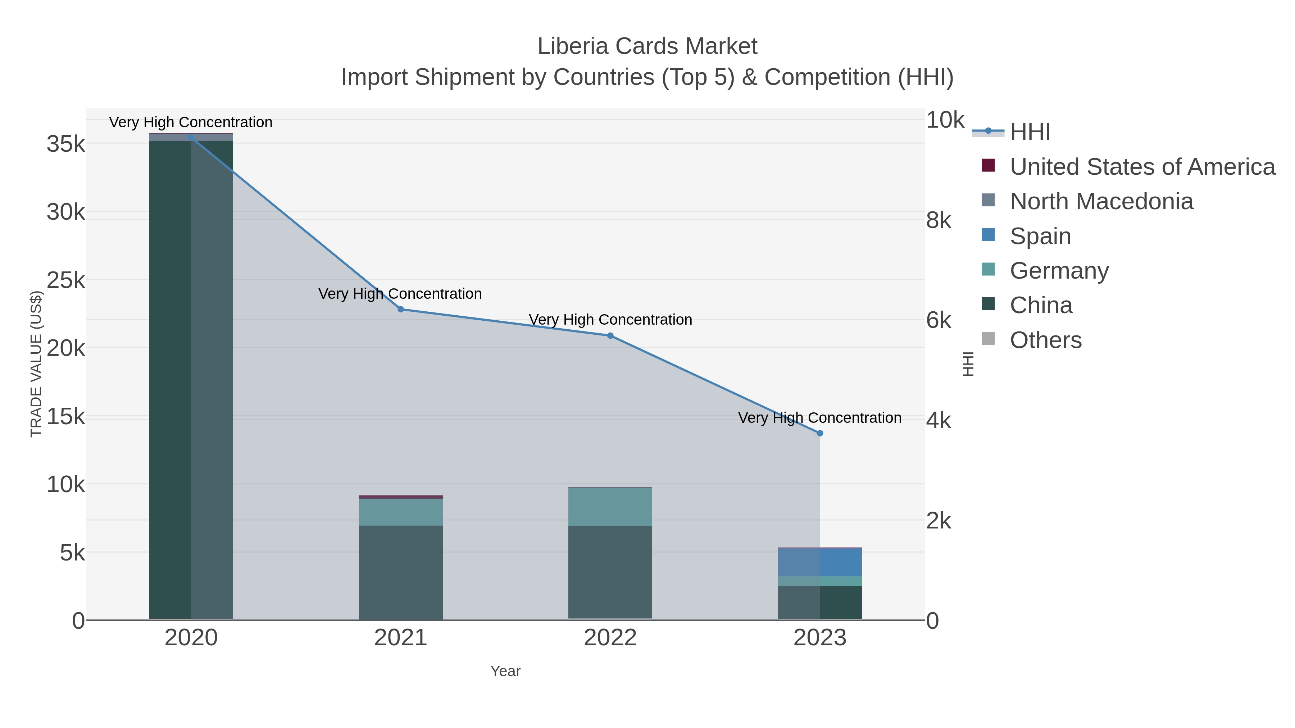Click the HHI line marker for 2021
pos(401,310)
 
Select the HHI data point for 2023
pos(820,433)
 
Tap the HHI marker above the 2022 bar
pos(610,336)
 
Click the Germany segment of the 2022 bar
pos(610,507)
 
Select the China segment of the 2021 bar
pos(401,573)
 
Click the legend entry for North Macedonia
pos(1101,201)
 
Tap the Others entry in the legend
pos(1046,340)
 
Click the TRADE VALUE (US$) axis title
pos(36,364)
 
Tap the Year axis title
pos(505,671)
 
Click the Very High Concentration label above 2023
pos(819,418)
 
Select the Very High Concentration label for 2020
pos(191,123)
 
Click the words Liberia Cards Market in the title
pos(647,47)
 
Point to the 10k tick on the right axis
pos(945,120)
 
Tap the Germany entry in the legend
pos(1059,271)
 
